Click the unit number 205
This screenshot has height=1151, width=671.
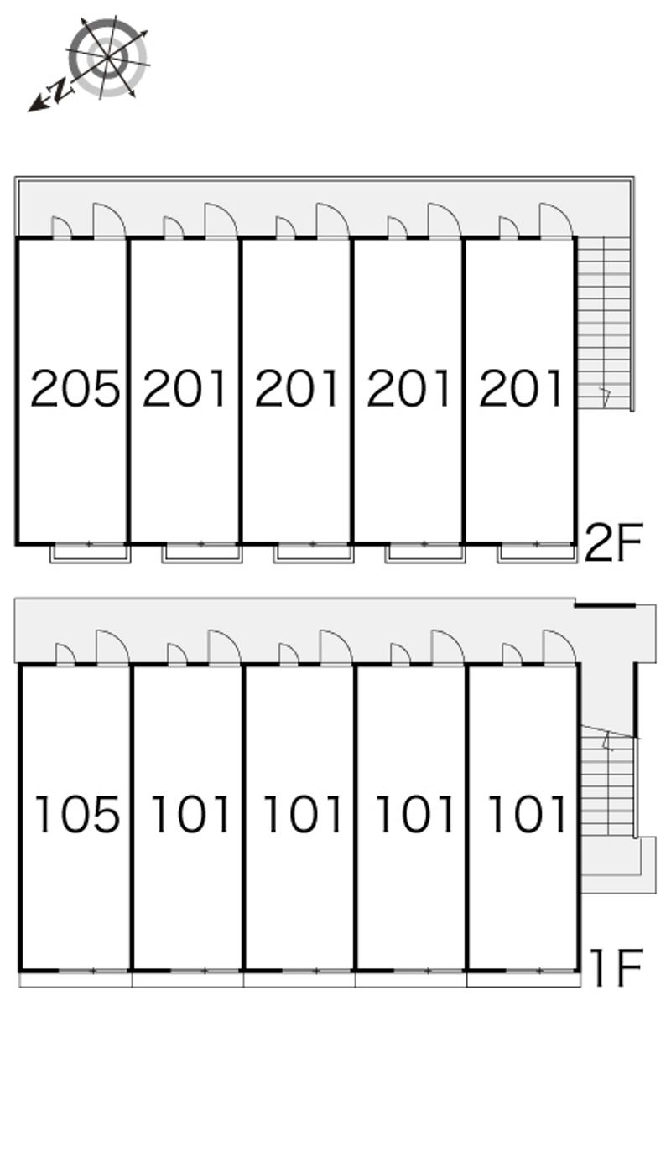pos(75,388)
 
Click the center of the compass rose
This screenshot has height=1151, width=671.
pos(108,56)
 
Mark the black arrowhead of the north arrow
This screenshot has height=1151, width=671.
pos(35,104)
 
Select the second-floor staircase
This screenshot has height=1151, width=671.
pos(604,323)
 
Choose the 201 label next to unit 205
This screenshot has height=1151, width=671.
pos(185,388)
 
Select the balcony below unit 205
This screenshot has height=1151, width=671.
pos(90,553)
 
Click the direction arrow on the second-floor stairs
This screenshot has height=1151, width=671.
pos(606,397)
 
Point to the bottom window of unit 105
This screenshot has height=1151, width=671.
pos(93,971)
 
